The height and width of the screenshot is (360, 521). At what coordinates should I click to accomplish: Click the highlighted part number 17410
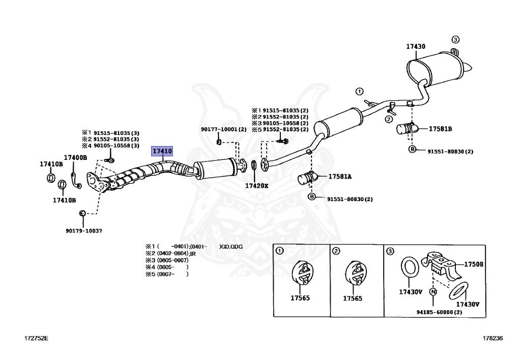[163, 151]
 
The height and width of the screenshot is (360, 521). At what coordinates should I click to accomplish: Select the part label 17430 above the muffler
[415, 46]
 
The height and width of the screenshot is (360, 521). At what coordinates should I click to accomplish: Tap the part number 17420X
[256, 186]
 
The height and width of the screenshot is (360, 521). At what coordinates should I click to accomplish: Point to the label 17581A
[340, 177]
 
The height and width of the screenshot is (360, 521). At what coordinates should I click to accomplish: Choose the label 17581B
[440, 129]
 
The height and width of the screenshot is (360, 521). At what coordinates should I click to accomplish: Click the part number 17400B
[75, 158]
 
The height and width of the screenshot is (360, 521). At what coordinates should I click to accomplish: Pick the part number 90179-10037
[84, 231]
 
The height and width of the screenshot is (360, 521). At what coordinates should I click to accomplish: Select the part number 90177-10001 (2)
[223, 129]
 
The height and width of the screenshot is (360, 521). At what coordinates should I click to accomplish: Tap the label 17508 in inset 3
[473, 264]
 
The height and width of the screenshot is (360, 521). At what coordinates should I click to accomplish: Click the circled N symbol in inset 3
[433, 292]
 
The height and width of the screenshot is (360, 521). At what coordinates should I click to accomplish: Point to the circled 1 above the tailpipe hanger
[359, 92]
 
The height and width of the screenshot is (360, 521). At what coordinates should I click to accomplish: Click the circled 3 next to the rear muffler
[455, 40]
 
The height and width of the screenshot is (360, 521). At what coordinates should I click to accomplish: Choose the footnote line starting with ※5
[167, 274]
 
